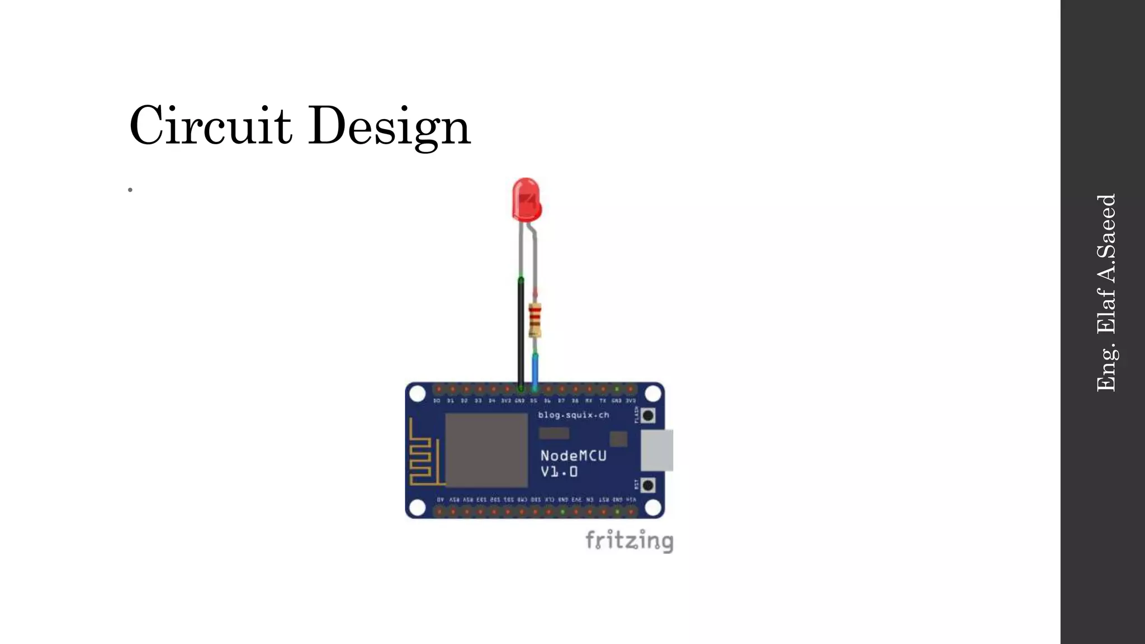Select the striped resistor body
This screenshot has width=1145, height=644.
pos(535,320)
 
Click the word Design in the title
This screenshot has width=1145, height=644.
pos(389,126)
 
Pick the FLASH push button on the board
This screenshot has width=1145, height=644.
pos(648,415)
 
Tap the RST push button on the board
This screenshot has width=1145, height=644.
pos(648,485)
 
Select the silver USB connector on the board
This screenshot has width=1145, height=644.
pos(656,450)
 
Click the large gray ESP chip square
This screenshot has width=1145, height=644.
pos(486,450)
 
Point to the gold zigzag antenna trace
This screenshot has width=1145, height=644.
pos(423,453)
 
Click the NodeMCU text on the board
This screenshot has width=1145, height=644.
pos(573,456)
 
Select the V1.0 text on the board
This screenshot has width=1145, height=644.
pos(559,472)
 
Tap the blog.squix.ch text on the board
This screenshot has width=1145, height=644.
pos(573,415)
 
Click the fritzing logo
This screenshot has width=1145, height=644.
pos(629,541)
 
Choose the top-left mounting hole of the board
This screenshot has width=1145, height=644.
pos(418,394)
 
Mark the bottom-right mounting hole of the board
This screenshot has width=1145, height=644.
pos(652,508)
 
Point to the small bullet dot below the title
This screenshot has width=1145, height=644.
pos(130,190)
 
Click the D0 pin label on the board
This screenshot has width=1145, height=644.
pos(437,401)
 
